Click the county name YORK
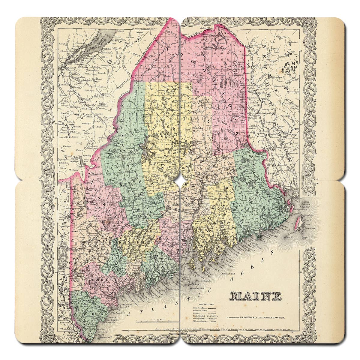click(x=90, y=314)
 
